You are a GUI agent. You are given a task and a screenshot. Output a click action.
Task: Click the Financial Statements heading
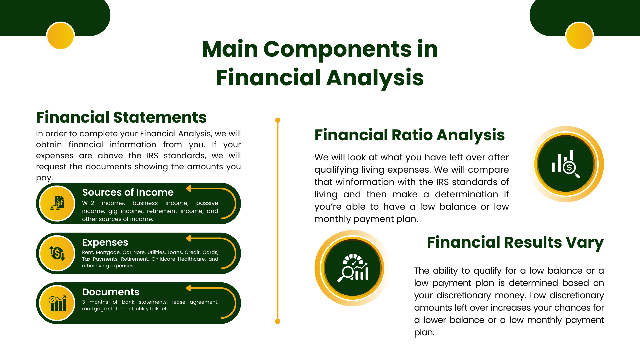(121, 117)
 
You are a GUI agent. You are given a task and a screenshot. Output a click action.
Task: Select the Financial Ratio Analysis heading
(410, 135)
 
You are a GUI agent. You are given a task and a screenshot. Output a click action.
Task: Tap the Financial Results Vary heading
(515, 243)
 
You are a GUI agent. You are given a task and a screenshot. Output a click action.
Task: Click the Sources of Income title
(128, 192)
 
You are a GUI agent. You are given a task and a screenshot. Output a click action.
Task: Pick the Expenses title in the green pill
(105, 242)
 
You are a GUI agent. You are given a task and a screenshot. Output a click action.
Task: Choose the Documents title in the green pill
(111, 292)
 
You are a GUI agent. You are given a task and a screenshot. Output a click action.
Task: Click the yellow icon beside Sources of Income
(57, 203)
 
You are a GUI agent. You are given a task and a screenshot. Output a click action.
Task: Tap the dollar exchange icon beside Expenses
(57, 253)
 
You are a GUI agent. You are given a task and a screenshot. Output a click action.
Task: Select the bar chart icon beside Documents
(57, 303)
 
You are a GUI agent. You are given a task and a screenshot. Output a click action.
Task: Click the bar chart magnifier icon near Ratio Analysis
(566, 164)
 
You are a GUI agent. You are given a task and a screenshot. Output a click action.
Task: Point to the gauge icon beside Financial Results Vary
(353, 268)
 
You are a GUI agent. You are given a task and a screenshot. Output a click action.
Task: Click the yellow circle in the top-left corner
(60, 36)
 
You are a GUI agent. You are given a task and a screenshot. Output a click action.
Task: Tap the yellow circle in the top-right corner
(579, 36)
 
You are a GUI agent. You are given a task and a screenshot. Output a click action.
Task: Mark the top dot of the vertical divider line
(278, 120)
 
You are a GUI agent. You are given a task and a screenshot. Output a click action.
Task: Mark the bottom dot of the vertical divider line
(278, 321)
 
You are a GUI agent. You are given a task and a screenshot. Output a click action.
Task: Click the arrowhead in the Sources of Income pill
(188, 189)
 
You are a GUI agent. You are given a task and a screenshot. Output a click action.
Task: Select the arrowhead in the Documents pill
(188, 288)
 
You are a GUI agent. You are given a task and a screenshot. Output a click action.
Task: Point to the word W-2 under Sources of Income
(88, 203)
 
